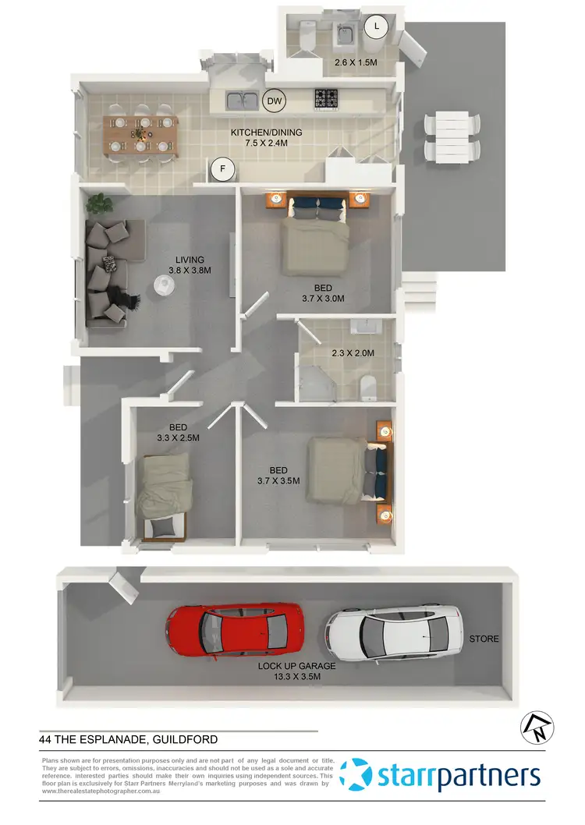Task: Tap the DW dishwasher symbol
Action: (275, 100)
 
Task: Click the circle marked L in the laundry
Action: (378, 27)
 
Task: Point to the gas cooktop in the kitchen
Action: (326, 99)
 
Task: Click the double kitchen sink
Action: (243, 100)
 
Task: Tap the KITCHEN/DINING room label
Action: (266, 133)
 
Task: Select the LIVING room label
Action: (190, 260)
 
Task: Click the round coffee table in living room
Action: (164, 287)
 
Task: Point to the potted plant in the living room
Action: (98, 205)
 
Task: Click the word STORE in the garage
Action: (484, 639)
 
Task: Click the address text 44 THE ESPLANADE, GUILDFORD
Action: (129, 738)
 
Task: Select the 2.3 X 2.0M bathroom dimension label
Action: (353, 353)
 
